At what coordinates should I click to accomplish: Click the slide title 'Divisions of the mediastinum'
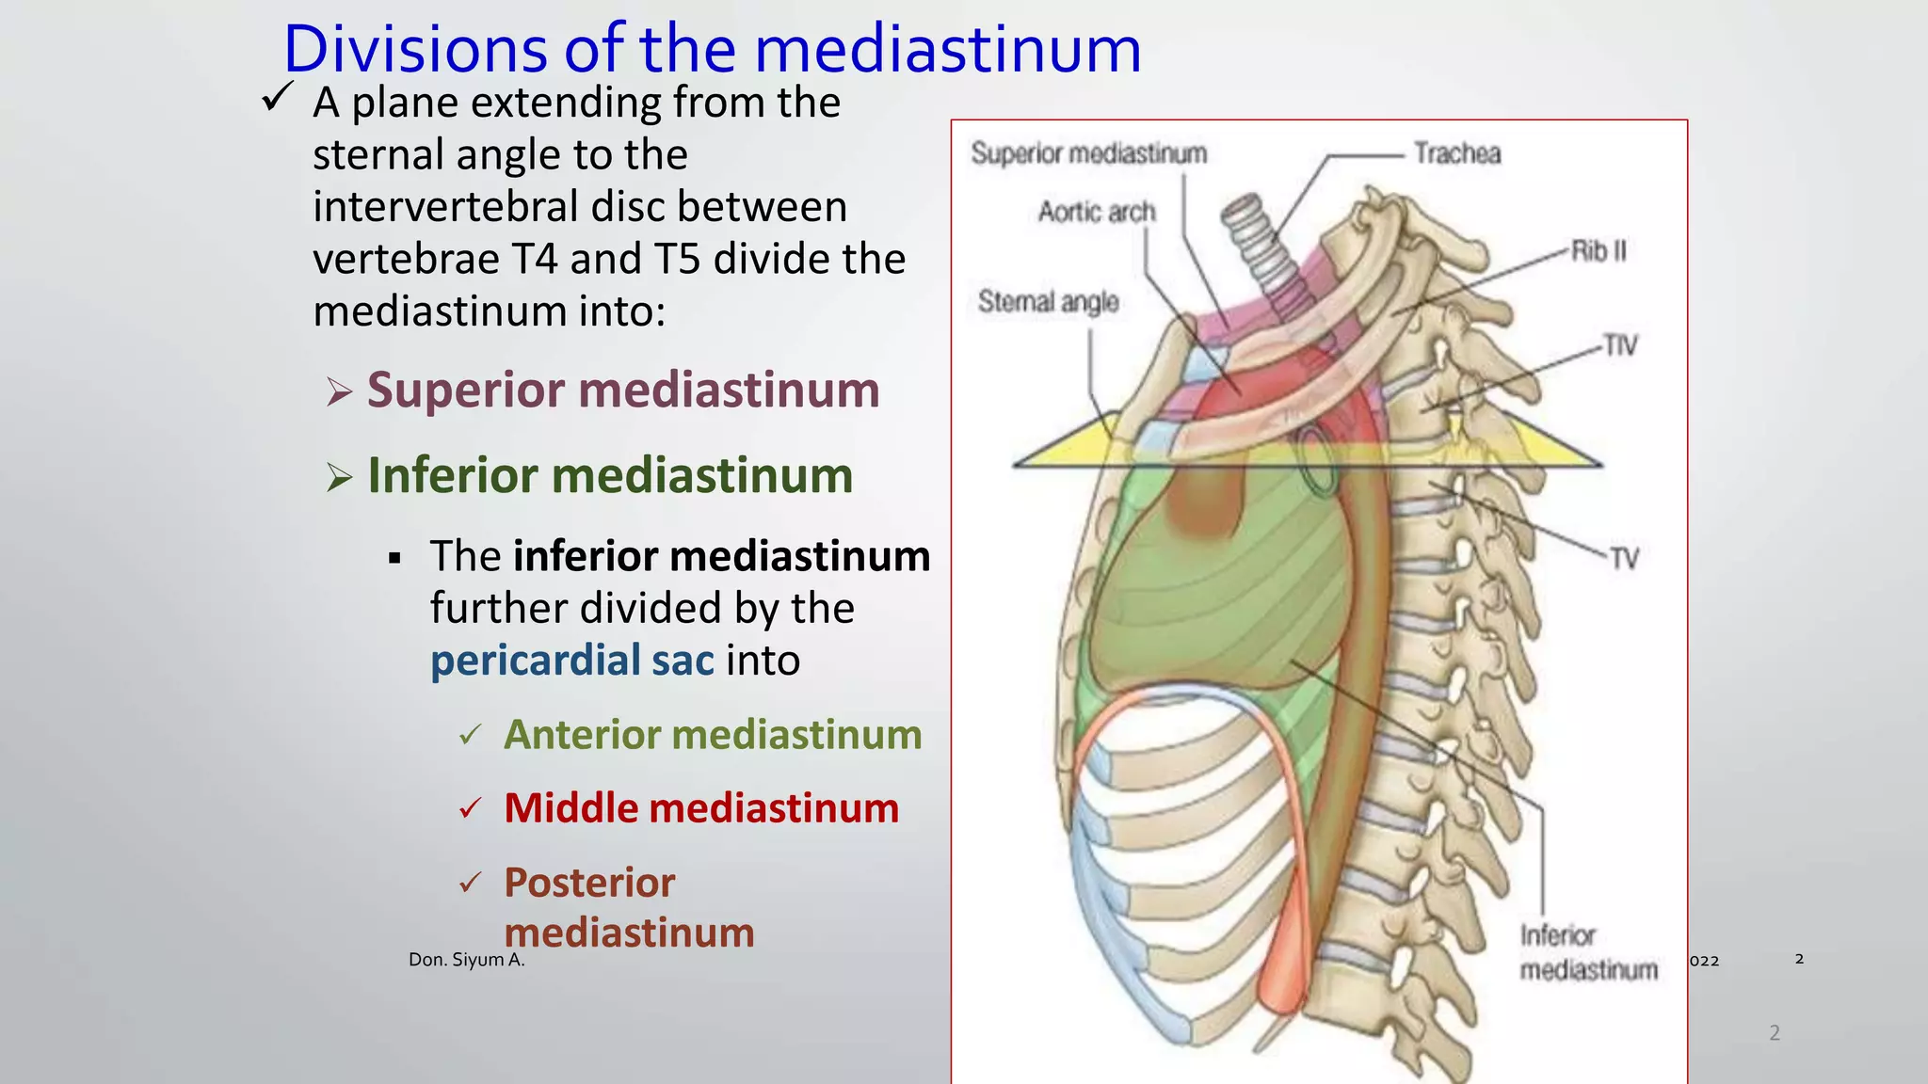[x=712, y=49]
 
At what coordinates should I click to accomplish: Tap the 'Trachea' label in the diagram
[x=1456, y=153]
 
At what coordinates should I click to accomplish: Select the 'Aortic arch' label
[x=1096, y=212]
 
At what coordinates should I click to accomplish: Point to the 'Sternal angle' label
[x=1048, y=301]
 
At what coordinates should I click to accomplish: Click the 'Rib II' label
[x=1599, y=251]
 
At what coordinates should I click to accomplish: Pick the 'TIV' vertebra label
[x=1620, y=345]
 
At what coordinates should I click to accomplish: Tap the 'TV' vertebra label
[x=1624, y=558]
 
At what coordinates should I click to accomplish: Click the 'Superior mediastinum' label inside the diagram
[x=1088, y=153]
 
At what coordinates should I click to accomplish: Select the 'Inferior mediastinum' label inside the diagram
[x=1588, y=952]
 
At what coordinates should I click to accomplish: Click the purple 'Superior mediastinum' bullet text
[x=622, y=390]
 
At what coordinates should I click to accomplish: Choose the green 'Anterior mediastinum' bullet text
[x=713, y=735]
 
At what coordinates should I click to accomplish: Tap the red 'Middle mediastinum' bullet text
[x=701, y=808]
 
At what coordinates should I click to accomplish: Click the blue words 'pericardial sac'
[x=572, y=661]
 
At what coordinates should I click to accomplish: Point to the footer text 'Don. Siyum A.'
[x=466, y=960]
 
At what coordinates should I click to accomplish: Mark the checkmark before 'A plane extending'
[x=278, y=97]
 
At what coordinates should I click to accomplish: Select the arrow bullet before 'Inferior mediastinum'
[x=339, y=477]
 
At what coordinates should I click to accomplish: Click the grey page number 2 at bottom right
[x=1775, y=1032]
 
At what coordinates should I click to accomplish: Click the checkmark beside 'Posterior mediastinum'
[x=471, y=883]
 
